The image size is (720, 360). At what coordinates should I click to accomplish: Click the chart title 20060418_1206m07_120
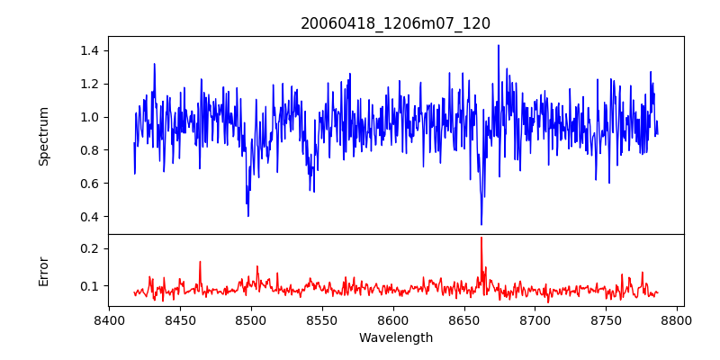(395, 23)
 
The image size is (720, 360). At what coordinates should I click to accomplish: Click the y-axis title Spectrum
(44, 136)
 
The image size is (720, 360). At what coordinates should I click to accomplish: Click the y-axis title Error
(44, 271)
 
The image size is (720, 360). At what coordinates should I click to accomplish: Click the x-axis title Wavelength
(396, 338)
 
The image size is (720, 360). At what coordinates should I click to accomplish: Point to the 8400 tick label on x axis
(109, 319)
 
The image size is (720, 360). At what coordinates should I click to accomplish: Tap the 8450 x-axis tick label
(180, 319)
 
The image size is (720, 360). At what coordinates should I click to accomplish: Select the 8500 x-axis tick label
(251, 319)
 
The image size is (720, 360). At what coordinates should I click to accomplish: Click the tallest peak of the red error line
(481, 238)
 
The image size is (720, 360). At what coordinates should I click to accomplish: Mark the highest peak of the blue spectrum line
(498, 45)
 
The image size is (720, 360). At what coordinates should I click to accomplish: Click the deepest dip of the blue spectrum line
(481, 224)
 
